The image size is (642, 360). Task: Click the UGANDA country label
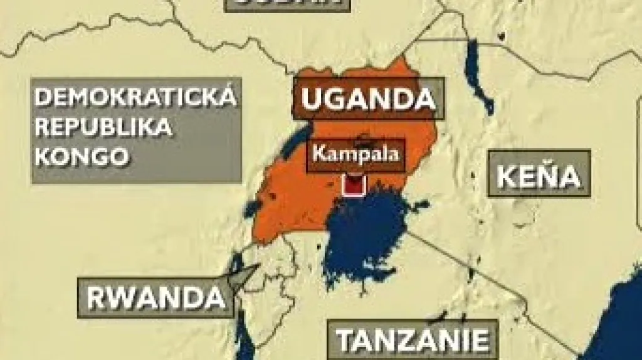(x=369, y=99)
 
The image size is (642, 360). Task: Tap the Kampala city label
(x=355, y=154)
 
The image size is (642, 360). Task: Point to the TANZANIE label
(x=413, y=339)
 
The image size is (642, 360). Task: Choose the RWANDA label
(x=155, y=297)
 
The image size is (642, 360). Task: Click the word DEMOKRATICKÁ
(x=135, y=98)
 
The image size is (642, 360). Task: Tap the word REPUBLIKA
(x=103, y=127)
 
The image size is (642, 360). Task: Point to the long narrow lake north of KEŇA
(x=478, y=75)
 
